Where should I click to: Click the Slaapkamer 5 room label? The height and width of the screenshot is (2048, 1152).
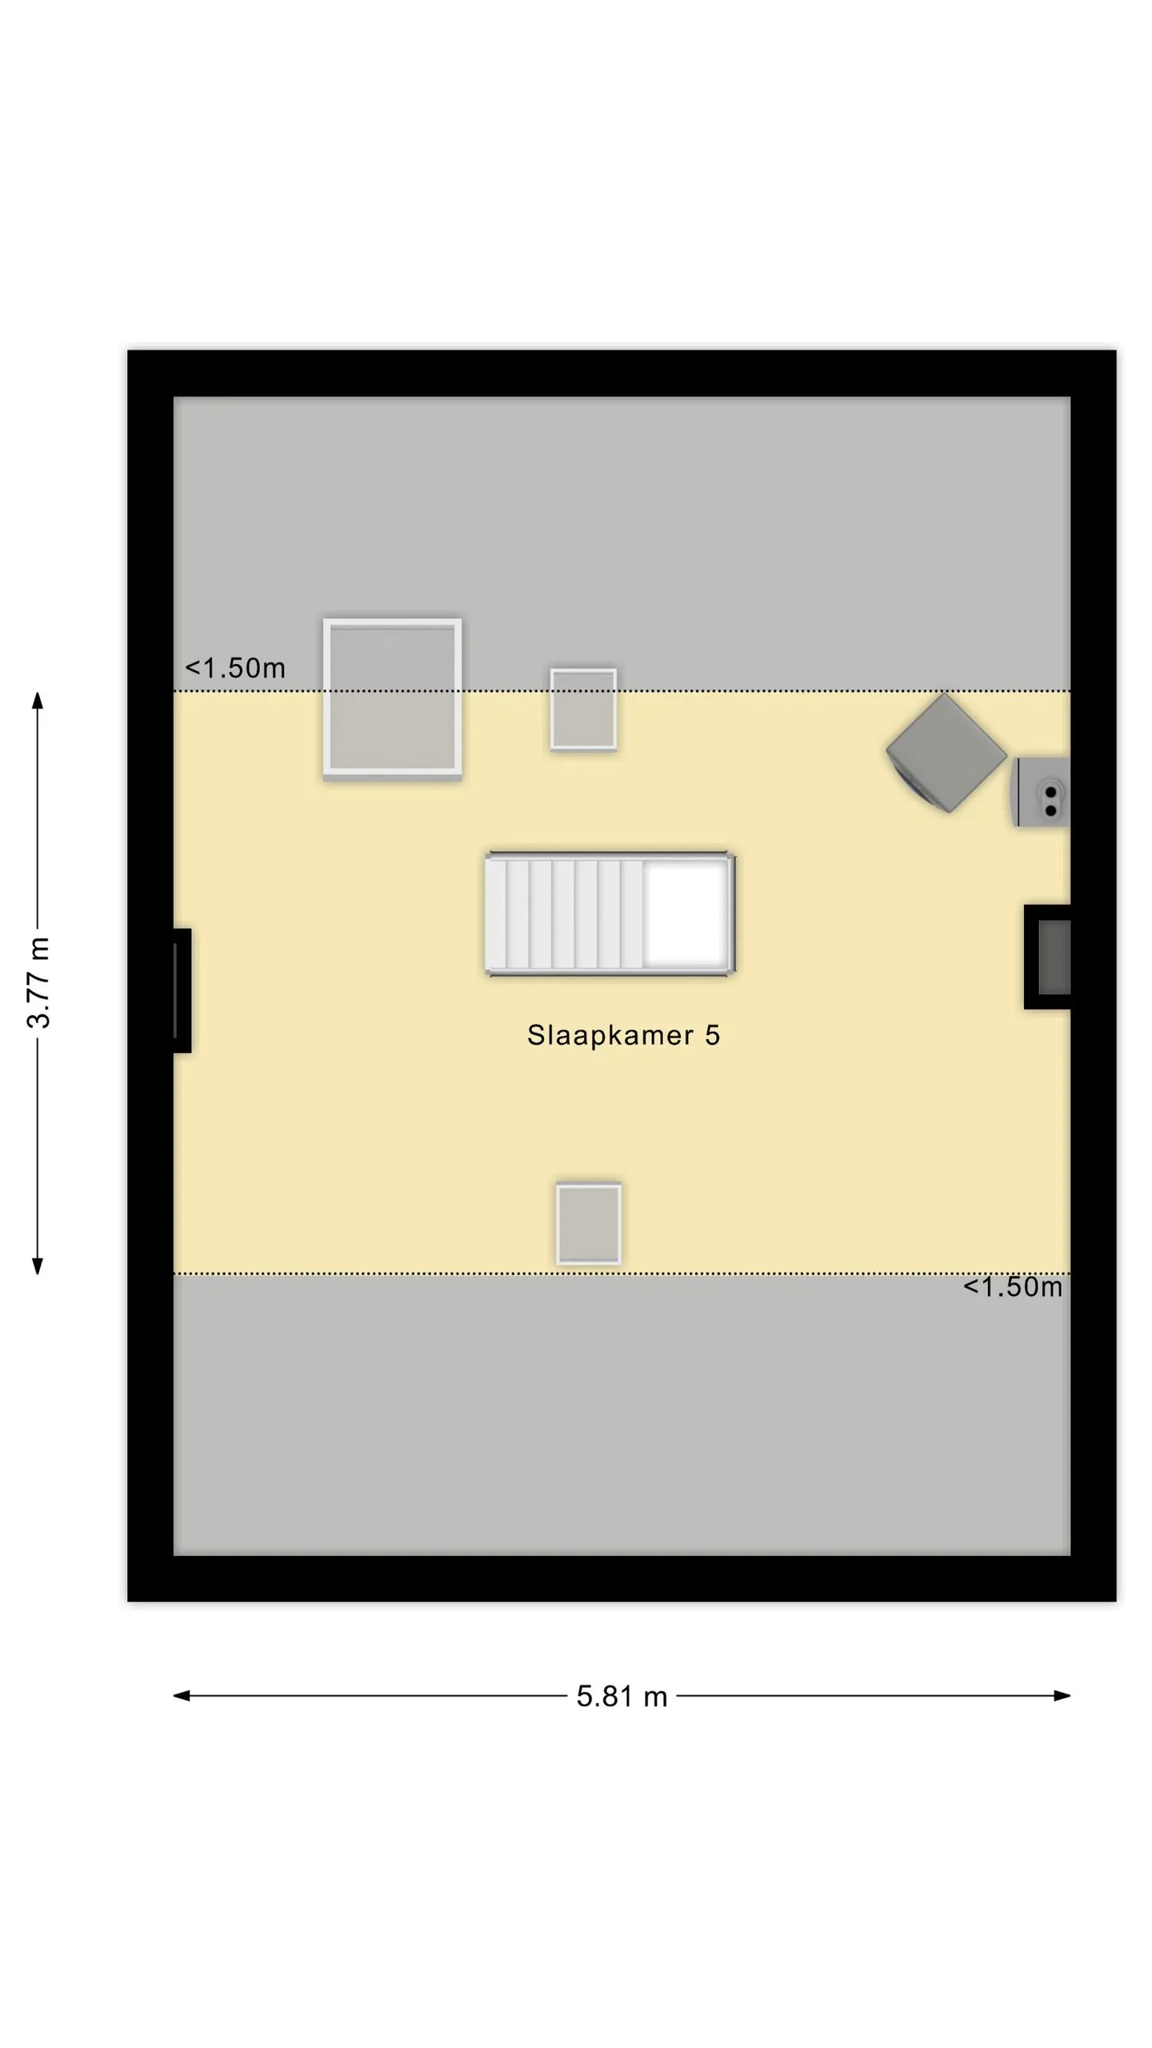(x=623, y=1035)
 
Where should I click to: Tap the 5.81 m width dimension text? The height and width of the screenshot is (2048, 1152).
(x=622, y=1696)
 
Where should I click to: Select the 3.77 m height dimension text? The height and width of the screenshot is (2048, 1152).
(x=38, y=982)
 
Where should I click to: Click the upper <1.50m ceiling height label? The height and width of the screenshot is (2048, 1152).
(x=235, y=668)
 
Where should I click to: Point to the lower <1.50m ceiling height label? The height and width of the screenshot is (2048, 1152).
(x=1013, y=1286)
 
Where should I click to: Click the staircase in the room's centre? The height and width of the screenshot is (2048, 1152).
(x=610, y=914)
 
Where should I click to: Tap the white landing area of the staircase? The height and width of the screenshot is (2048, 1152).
(x=687, y=914)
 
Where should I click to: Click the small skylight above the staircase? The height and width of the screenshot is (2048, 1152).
(x=583, y=710)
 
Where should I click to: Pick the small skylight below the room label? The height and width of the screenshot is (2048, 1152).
(x=589, y=1224)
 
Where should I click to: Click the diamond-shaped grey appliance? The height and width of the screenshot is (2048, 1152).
(x=946, y=753)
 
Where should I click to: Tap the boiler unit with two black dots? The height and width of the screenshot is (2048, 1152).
(x=1042, y=792)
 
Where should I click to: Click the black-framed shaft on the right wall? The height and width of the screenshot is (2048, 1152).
(x=1047, y=957)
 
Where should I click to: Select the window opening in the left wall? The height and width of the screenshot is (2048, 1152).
(x=182, y=990)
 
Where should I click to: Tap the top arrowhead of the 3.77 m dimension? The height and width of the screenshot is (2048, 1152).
(x=37, y=701)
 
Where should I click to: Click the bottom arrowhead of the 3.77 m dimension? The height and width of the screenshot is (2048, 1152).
(x=37, y=1265)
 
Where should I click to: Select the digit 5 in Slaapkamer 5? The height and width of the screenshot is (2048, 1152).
(x=712, y=1035)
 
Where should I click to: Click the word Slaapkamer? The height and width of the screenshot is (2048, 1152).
(x=610, y=1035)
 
